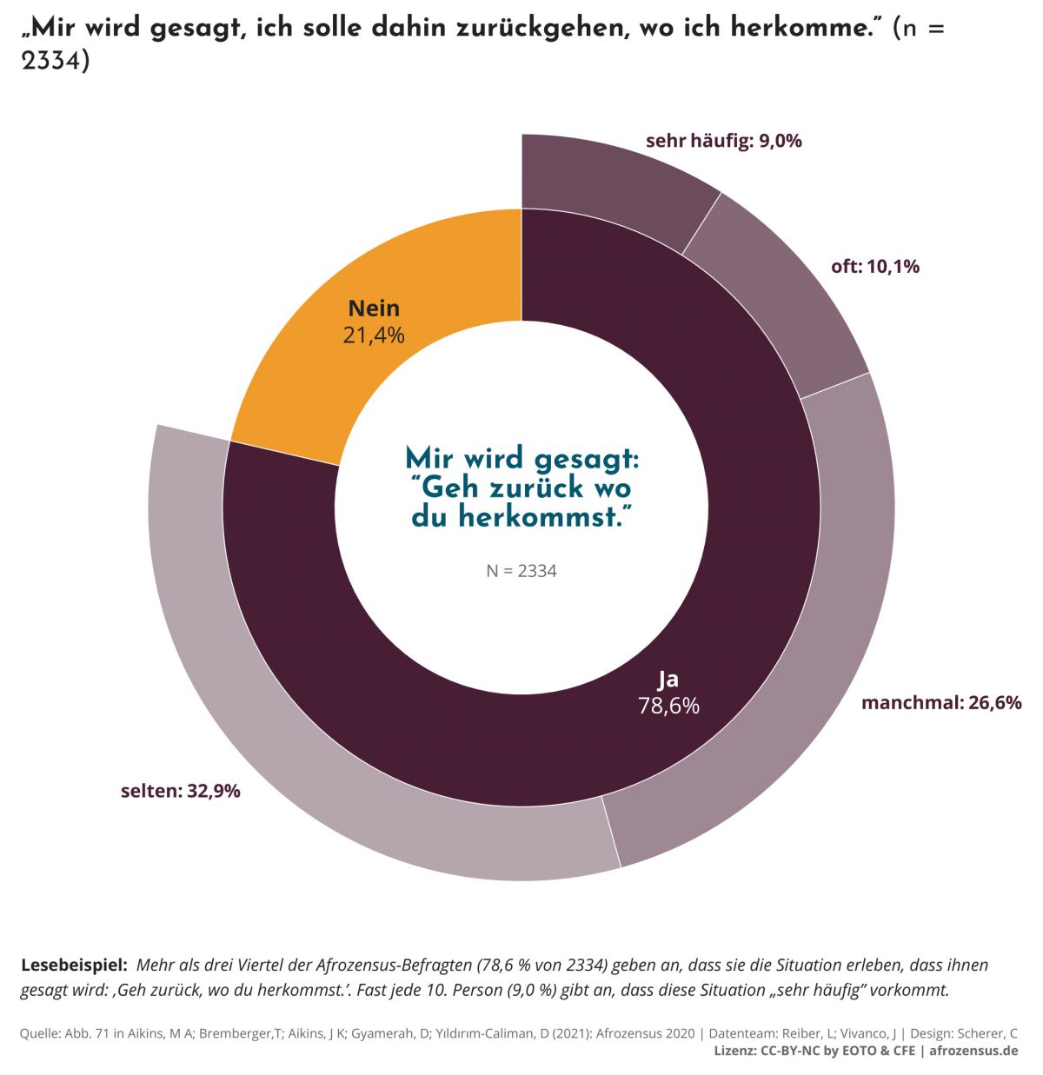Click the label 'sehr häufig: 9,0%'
pos(723,141)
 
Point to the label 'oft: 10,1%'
pos(874,267)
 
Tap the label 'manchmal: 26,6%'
pos(940,702)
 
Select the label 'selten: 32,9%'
pos(181,791)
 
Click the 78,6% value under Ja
pos(668,706)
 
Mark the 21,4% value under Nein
pos(374,335)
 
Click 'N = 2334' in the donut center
pos(521,571)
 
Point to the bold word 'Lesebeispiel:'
pos(74,965)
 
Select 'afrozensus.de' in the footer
pos(973,1051)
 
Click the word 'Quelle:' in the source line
pos(40,1033)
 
